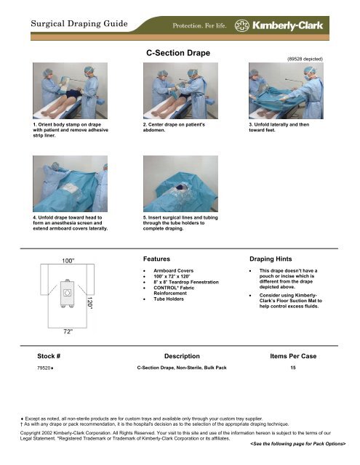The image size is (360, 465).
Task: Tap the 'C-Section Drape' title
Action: click(x=180, y=53)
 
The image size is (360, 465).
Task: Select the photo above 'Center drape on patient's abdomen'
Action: click(x=180, y=92)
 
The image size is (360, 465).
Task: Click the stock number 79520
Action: click(x=48, y=368)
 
